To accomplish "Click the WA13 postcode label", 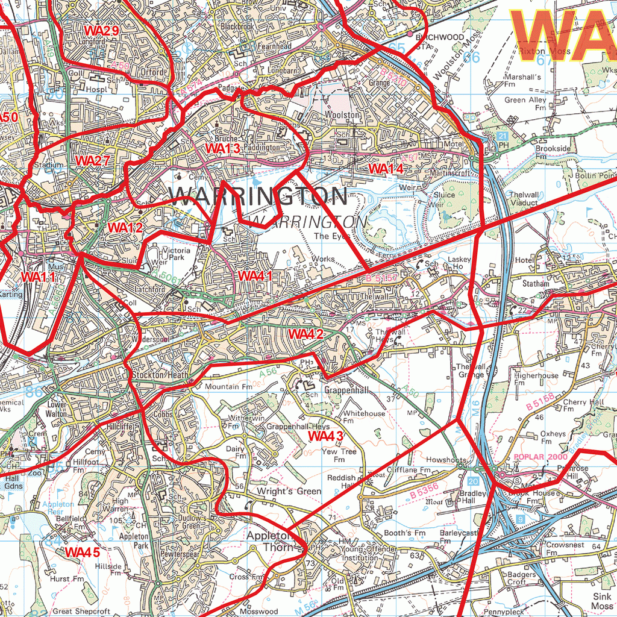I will click(x=223, y=148).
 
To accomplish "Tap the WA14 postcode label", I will click(x=386, y=169).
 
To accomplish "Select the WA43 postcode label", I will click(x=325, y=436).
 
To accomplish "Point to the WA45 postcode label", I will click(x=83, y=552).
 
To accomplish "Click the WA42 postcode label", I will click(x=306, y=334).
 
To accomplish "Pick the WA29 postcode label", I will click(x=102, y=30).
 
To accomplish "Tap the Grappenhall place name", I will click(x=346, y=390).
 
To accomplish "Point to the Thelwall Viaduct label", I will click(x=523, y=199).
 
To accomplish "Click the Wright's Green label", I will click(x=289, y=491).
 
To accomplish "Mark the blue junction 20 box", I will click(x=473, y=481).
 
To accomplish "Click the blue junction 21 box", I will click(x=503, y=137).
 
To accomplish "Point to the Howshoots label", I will click(x=446, y=460).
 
